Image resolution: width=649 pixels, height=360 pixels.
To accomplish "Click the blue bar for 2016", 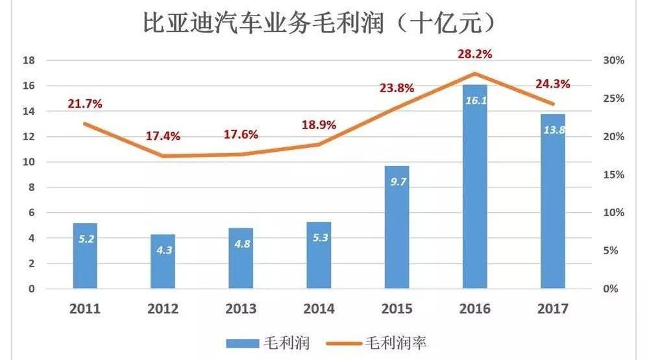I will click(474, 195).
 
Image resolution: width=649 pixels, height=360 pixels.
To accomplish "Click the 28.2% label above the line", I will click(474, 54).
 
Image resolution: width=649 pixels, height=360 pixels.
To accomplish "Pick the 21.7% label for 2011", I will click(84, 104).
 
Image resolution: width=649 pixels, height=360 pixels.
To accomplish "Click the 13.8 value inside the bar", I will click(552, 130).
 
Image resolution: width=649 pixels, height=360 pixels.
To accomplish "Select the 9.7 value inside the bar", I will click(397, 182).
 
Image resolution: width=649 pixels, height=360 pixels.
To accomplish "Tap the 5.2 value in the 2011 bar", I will click(85, 239).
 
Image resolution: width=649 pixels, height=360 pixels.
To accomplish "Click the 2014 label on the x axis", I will click(319, 309).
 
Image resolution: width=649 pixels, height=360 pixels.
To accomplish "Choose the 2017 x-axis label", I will click(552, 309).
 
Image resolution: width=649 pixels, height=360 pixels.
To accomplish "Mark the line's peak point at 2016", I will click(474, 73).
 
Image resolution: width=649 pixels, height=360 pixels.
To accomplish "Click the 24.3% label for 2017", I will click(552, 84).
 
